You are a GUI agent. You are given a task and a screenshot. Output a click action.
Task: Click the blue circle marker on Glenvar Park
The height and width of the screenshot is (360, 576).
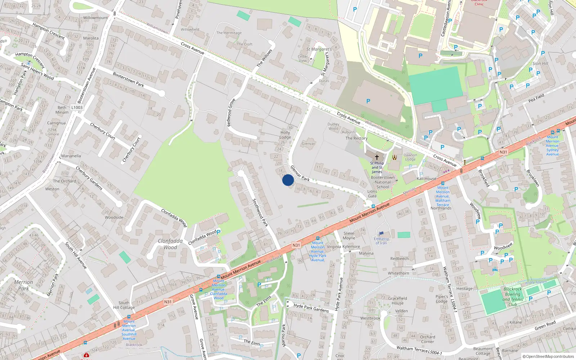[x=288, y=180]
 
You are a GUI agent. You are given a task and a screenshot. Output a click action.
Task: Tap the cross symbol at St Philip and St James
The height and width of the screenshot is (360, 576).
[x=377, y=157]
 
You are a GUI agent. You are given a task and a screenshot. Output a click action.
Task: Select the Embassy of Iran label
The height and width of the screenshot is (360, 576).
[x=381, y=240]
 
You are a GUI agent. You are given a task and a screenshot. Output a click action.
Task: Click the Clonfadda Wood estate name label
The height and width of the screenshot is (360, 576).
[x=170, y=244]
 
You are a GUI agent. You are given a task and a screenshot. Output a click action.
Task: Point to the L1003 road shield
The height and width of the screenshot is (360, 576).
[x=77, y=107]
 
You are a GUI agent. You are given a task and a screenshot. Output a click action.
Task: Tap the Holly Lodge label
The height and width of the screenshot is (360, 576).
[x=285, y=135]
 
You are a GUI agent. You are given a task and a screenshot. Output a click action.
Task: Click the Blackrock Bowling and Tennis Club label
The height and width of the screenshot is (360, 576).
[x=513, y=297]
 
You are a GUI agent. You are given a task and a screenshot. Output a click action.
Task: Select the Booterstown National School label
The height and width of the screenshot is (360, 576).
[x=383, y=182]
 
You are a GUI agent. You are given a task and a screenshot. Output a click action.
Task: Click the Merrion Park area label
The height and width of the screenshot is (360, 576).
[x=23, y=285]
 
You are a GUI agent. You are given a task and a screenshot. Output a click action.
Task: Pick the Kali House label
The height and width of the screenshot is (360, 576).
[x=426, y=179]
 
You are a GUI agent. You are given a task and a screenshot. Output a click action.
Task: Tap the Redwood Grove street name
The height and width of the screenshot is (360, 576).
[x=231, y=113]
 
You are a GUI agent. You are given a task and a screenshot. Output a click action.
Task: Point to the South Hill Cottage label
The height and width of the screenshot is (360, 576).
[x=124, y=305]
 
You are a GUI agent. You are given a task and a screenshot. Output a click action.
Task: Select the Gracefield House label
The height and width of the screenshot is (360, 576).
[x=397, y=301]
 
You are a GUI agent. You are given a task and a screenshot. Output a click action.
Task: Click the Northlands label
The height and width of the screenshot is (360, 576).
[x=441, y=208]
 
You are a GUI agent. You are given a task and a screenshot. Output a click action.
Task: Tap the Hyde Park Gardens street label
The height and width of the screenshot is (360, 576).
[x=311, y=308]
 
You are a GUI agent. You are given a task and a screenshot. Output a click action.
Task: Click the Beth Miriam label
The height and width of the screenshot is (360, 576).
[x=62, y=110]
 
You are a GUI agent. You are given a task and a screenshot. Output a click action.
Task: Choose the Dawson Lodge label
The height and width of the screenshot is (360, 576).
[x=410, y=157]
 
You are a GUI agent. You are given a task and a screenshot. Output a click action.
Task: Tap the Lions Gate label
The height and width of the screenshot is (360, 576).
[x=372, y=194]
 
